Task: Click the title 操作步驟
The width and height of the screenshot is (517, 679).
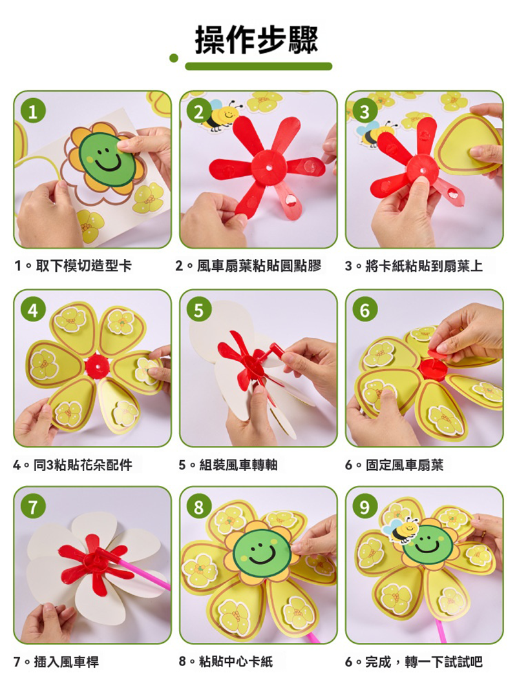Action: click(x=257, y=39)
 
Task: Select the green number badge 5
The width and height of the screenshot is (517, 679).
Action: click(x=198, y=310)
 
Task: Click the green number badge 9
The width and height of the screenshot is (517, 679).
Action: click(x=364, y=507)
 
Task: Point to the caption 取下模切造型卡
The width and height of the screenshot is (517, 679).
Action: click(x=83, y=265)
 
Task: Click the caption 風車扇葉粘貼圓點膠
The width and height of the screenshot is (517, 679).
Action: click(x=258, y=265)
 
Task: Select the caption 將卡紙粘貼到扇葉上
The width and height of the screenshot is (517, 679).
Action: click(x=424, y=265)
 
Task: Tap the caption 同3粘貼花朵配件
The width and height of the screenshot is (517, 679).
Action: click(x=83, y=465)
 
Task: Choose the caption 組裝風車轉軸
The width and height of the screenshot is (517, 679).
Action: click(x=238, y=465)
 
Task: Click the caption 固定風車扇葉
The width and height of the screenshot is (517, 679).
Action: click(x=405, y=465)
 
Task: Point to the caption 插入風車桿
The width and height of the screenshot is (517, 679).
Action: click(x=67, y=662)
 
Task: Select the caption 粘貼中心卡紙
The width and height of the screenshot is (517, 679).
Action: click(x=236, y=662)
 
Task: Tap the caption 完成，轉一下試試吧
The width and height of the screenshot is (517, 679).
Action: click(x=424, y=662)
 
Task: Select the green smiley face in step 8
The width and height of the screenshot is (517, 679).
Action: click(x=262, y=552)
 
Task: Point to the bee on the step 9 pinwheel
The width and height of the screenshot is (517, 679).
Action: click(x=401, y=529)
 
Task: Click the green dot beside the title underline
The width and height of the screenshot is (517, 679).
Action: click(x=174, y=58)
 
